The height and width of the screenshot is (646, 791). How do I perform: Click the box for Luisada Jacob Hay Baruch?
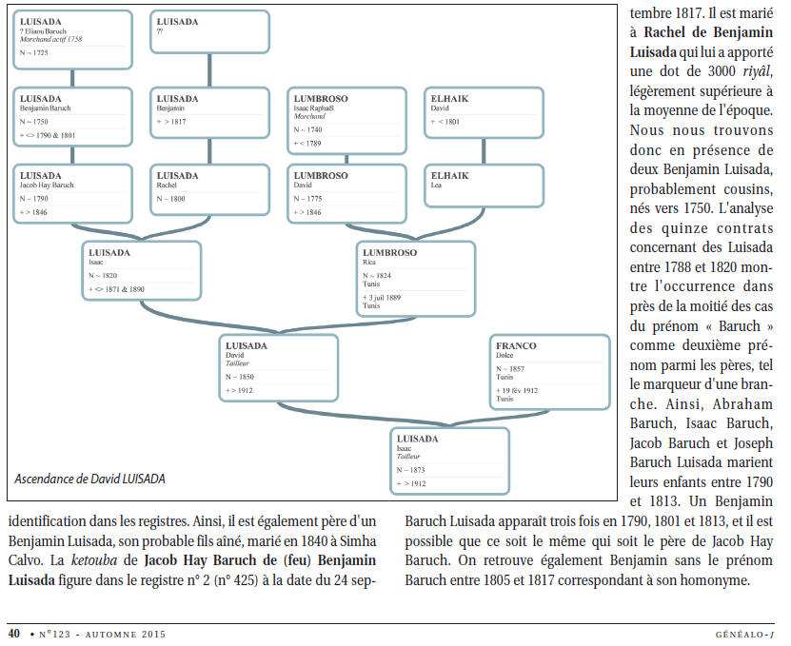72,194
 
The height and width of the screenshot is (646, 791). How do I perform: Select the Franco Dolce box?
549,372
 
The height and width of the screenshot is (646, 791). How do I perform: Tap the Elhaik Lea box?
484,186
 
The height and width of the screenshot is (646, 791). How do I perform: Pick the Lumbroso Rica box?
416,279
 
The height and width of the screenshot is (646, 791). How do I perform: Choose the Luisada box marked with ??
209,31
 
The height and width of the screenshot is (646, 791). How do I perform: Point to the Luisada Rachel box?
209,189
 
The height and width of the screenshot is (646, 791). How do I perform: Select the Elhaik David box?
484,113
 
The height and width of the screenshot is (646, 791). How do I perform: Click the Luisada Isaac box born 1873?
449,460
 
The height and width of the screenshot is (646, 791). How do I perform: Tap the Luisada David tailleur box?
279,368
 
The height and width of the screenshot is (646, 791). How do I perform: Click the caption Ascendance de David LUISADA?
89,479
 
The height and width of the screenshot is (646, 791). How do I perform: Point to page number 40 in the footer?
14,634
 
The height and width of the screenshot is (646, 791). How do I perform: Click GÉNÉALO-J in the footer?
744,635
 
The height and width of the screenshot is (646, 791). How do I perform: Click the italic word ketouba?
94,560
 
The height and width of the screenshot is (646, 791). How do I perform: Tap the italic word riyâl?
758,71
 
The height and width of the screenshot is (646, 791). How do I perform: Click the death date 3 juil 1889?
382,298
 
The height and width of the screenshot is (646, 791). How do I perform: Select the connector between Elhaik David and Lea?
484,151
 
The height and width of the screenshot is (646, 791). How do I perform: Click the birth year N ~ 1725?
34,52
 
